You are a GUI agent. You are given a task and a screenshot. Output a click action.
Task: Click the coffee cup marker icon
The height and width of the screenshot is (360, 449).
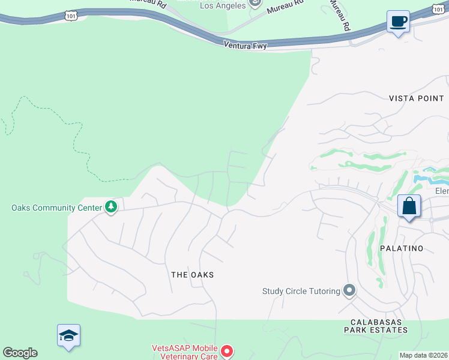point(398,22)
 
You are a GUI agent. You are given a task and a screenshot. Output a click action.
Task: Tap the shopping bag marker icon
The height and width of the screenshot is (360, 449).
point(409,206)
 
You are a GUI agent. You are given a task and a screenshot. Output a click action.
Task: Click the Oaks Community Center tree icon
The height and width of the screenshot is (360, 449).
point(111,208)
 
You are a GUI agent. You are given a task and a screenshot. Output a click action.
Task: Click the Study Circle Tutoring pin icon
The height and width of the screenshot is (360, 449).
point(349,292)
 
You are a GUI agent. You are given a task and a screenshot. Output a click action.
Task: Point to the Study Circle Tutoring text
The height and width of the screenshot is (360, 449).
point(301,292)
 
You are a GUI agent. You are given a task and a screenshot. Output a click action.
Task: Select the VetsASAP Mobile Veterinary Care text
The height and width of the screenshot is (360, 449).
point(184,352)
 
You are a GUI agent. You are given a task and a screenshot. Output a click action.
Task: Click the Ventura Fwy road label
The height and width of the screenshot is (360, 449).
point(244,45)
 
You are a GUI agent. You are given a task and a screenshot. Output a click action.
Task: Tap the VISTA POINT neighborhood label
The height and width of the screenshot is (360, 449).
point(416,98)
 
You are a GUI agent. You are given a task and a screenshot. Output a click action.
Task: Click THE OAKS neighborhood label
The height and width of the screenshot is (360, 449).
point(192,275)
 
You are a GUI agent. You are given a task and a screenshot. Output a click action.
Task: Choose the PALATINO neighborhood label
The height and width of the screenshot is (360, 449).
point(402,248)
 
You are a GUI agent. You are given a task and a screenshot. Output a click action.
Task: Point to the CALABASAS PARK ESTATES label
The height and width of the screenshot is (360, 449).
point(376,325)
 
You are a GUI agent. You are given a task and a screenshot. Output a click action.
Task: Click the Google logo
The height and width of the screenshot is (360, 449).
point(20,353)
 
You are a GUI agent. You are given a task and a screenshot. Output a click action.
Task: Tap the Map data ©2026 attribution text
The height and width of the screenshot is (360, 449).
point(423,355)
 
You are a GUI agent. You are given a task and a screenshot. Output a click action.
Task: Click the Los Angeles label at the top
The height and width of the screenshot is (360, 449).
point(222,5)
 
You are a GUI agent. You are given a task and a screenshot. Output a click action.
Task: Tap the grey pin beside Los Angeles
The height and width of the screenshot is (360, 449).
point(255,4)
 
